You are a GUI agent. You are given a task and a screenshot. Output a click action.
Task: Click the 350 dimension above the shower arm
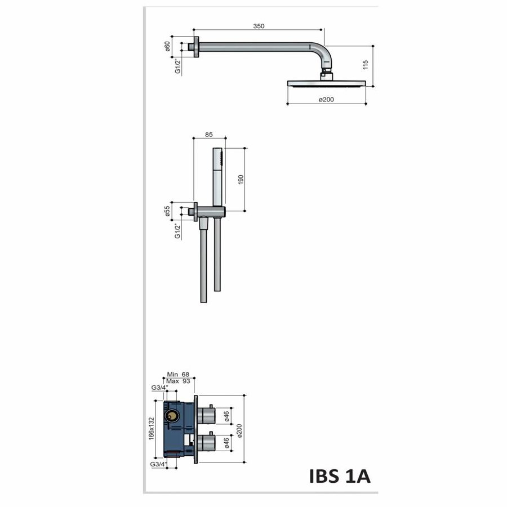(259, 26)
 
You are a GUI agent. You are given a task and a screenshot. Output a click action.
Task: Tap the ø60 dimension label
(168, 47)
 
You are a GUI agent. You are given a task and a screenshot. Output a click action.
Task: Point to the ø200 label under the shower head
(327, 100)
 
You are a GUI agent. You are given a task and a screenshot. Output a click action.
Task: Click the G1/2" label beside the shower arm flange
(177, 66)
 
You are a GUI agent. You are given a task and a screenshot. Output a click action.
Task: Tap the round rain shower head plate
(327, 83)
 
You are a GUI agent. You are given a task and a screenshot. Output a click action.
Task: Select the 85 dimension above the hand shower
(209, 135)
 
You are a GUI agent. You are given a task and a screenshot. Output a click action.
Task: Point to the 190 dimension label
(241, 179)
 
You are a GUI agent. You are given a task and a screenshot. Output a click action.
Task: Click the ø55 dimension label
(168, 211)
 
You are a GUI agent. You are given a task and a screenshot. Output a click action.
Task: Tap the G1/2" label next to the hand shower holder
(177, 230)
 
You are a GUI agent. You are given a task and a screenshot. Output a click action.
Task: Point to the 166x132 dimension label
(150, 429)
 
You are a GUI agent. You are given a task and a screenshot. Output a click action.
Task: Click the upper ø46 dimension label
(226, 416)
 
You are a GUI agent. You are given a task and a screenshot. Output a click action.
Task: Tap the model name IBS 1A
(340, 477)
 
